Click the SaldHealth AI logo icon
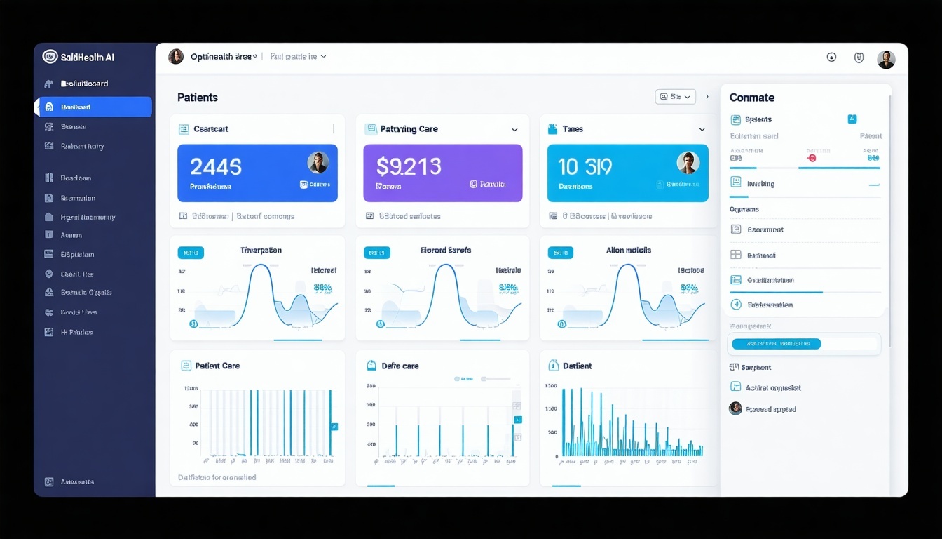[x=50, y=57]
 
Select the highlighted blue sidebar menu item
[x=95, y=107]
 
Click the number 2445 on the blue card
[x=216, y=166]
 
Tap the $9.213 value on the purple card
[x=409, y=166]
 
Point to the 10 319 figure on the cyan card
[x=585, y=166]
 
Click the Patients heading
[x=198, y=98]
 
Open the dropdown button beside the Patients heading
[x=675, y=97]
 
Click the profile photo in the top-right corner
[x=886, y=60]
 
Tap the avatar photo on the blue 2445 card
[x=318, y=163]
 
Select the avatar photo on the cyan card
[x=688, y=163]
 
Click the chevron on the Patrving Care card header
[x=514, y=130]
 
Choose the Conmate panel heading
[x=751, y=98]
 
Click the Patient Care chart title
[x=217, y=366]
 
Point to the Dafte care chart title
[x=400, y=366]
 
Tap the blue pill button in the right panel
[x=776, y=344]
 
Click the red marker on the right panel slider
[x=812, y=159]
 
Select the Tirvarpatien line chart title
[x=261, y=250]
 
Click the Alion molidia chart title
[x=629, y=250]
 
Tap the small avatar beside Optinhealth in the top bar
[x=176, y=57]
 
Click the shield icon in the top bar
[x=859, y=58]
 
